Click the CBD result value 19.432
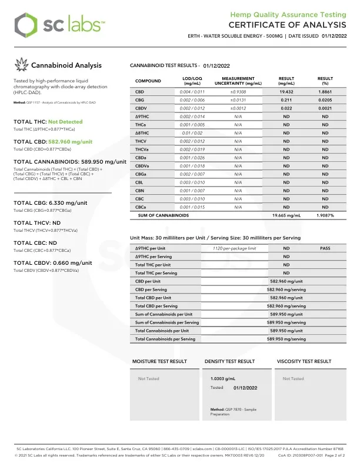tap(286, 92)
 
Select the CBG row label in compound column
tap(140, 101)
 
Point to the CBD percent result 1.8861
tap(325, 92)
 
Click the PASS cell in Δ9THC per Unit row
tap(325, 249)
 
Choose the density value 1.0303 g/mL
tap(223, 379)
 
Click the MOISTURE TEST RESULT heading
tap(159, 361)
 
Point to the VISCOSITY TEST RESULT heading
tap(304, 361)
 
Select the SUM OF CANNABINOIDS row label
tap(164, 216)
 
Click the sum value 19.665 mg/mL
tap(286, 216)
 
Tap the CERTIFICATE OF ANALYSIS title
tap(288, 25)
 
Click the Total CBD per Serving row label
tap(156, 306)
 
